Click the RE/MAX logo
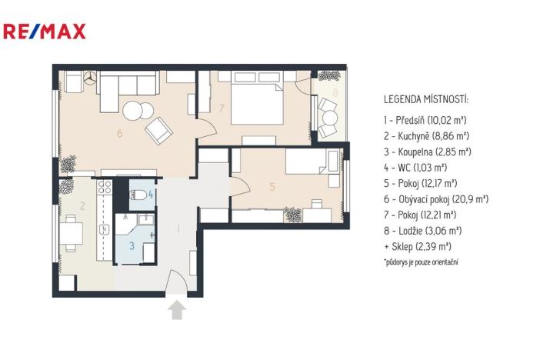coord(45,31)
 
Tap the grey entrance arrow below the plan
coord(178,309)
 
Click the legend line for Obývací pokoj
coord(435,198)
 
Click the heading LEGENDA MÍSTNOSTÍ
coord(425,100)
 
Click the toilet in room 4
coord(138,195)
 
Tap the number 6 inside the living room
coord(119,133)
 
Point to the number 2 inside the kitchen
coord(81,205)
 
